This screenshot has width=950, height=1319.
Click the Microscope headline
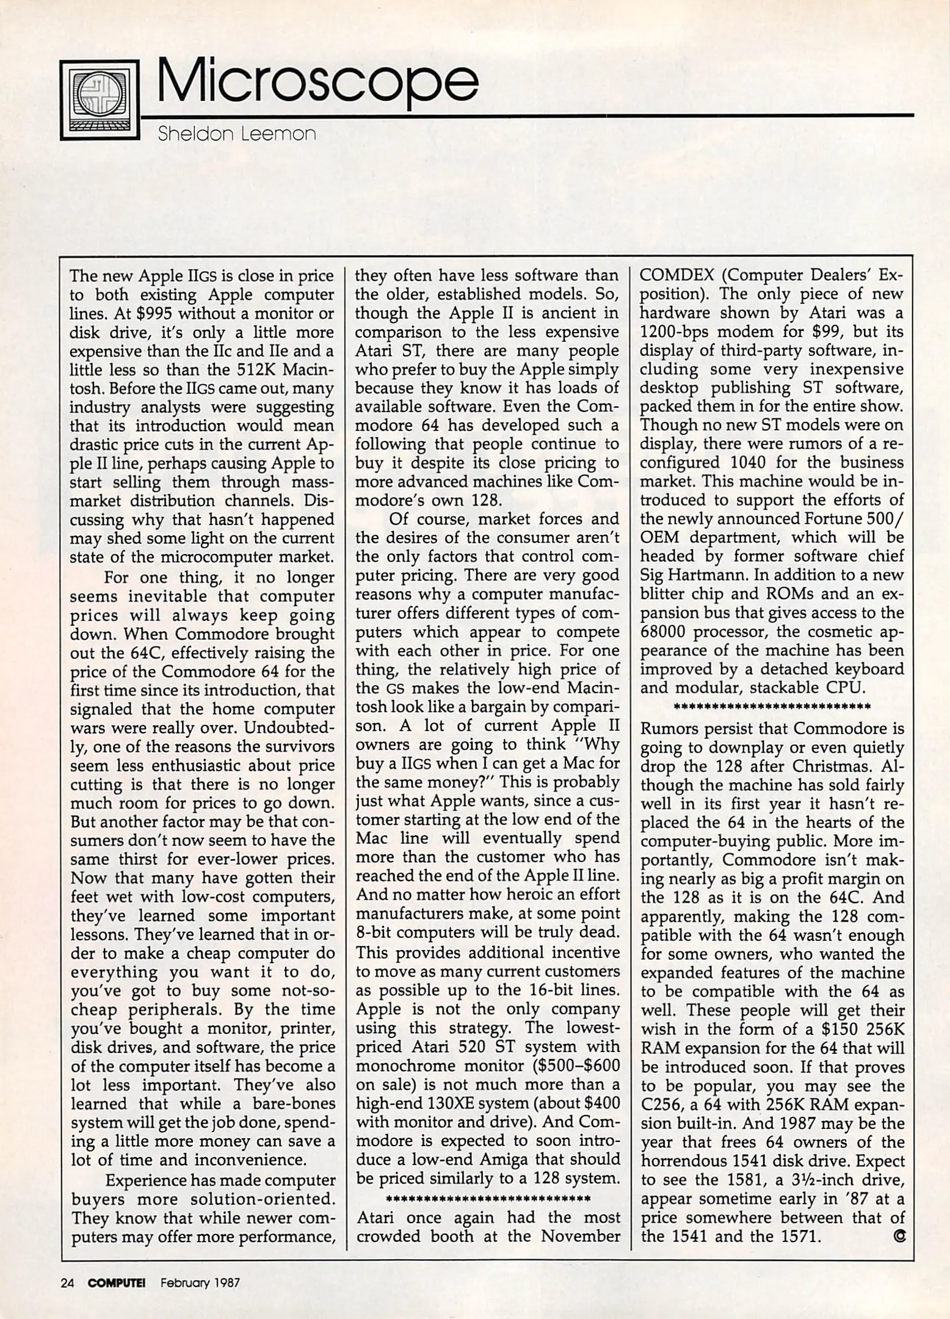[x=317, y=84]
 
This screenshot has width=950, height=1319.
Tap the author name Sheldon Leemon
[x=237, y=134]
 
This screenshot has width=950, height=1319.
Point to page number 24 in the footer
[x=67, y=1282]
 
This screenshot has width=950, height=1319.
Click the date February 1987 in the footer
[x=200, y=1282]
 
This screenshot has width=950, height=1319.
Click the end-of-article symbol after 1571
[x=899, y=1236]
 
